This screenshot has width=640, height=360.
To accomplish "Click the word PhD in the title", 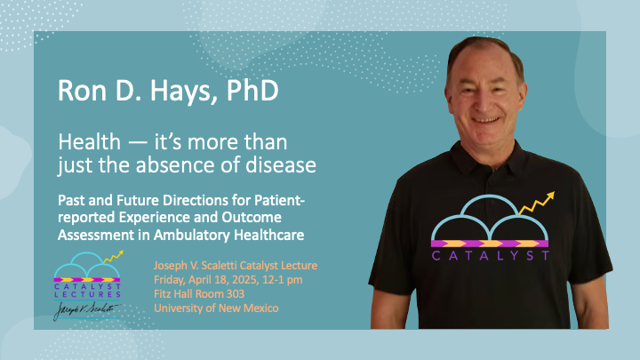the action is (252, 90).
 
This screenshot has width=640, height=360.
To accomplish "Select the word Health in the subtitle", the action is (90, 142).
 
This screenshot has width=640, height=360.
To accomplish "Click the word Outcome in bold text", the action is (252, 217).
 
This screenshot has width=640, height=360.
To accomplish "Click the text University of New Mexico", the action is (216, 308).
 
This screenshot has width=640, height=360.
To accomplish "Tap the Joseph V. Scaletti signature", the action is (85, 311).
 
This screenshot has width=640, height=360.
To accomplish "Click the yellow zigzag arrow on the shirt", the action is (537, 203).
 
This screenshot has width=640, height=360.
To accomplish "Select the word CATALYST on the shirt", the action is (490, 256).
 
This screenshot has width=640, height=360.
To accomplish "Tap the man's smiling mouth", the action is (485, 120).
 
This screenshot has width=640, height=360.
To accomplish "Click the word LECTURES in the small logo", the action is (87, 294).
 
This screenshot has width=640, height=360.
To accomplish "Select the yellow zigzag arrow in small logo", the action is (114, 256).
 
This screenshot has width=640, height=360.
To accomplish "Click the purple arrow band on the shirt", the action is (490, 244).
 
